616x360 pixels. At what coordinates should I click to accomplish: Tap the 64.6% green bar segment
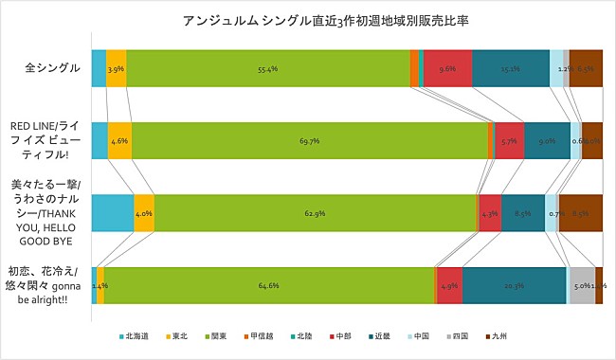268,285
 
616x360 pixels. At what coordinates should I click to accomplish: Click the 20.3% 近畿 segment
514,285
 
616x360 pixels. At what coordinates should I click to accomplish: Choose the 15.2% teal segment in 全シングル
510,68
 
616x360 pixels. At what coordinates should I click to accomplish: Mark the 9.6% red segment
447,68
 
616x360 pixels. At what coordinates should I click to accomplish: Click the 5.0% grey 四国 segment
581,285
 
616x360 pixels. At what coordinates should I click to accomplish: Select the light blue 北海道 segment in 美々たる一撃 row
112,213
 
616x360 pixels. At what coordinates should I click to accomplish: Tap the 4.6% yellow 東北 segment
120,140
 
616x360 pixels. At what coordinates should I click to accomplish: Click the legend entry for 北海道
135,335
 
